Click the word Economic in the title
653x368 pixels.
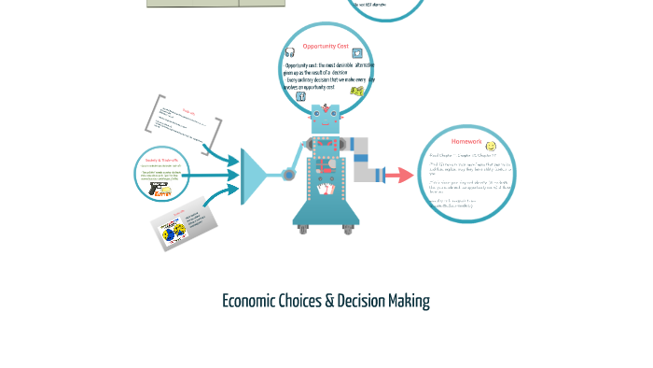click(248, 302)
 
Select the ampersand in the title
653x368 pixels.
click(329, 302)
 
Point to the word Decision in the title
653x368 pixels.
click(359, 302)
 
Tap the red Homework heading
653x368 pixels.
click(466, 142)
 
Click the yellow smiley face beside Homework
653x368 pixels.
click(491, 146)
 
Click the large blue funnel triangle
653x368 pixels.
click(253, 176)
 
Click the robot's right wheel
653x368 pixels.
click(349, 228)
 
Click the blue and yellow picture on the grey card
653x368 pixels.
click(175, 230)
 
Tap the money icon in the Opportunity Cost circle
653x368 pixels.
click(356, 92)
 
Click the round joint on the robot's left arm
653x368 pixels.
click(289, 175)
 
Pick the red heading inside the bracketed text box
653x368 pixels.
click(188, 110)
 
